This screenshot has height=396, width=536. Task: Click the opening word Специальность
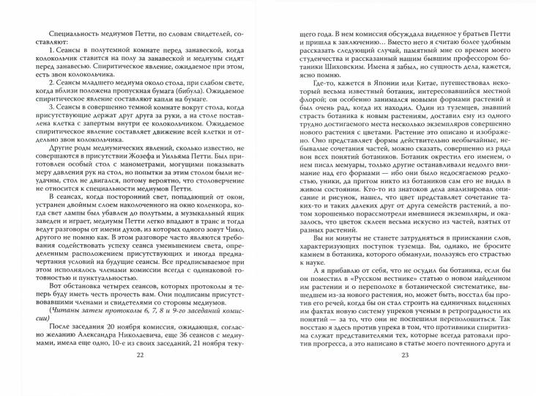(73, 36)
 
